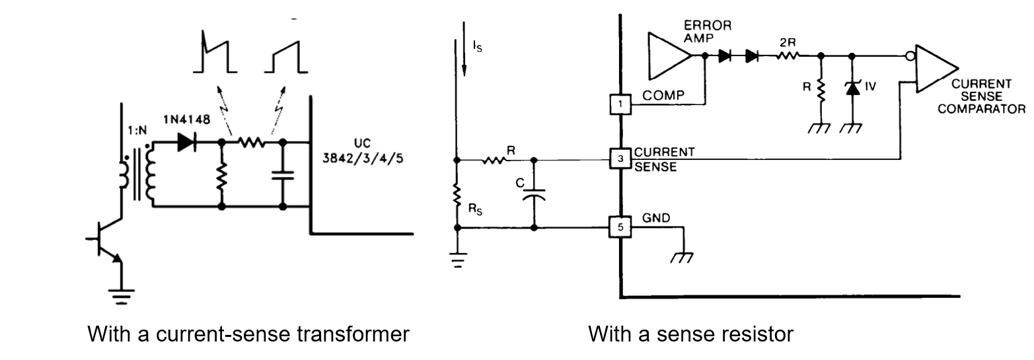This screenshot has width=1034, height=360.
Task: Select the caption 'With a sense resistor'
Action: click(x=690, y=334)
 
